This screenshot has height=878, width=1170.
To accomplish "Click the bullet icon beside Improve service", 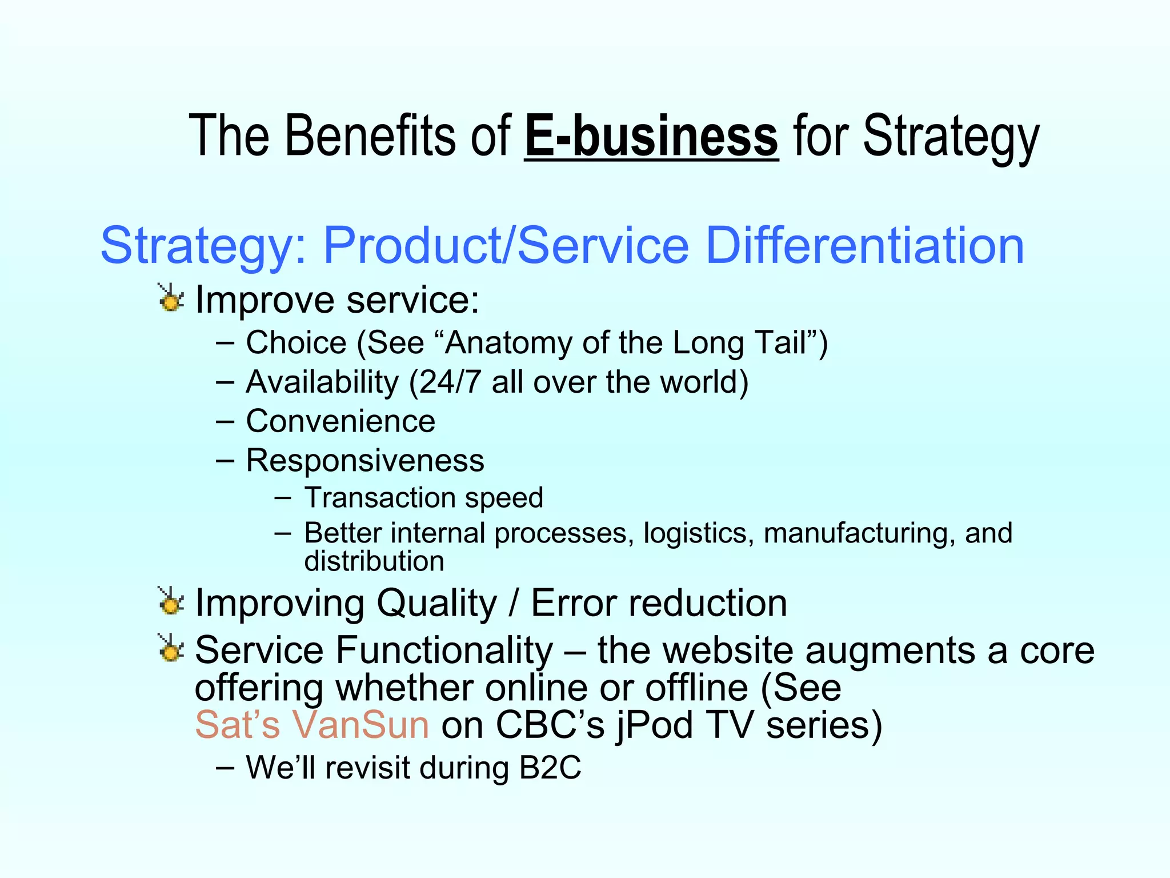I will click(171, 298).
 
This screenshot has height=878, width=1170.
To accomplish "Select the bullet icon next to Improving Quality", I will click(171, 602).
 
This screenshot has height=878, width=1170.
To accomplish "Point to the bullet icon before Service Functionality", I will click(171, 649).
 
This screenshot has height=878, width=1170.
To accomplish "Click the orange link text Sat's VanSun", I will click(312, 724).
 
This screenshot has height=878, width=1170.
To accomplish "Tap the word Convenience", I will click(340, 421).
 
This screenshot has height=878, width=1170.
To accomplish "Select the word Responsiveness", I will click(365, 460).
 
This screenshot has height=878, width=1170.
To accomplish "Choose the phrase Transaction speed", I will click(423, 497).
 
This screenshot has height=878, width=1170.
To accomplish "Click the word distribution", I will click(374, 561).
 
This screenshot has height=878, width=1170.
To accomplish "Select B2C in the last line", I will click(550, 768).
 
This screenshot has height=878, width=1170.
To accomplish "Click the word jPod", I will click(655, 725).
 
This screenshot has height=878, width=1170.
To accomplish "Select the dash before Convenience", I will click(225, 422).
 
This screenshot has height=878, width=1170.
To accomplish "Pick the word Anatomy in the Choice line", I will click(507, 343).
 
